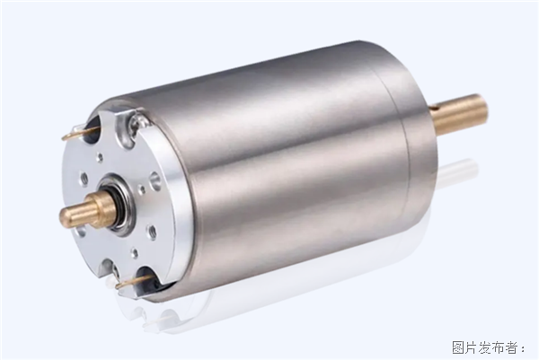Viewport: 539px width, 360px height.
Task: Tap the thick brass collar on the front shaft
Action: pos(102,207)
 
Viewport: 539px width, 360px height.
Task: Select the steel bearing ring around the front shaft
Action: pos(119,206)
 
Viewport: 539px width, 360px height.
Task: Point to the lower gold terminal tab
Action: pos(133,282)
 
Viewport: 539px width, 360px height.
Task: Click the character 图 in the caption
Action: pos(458,347)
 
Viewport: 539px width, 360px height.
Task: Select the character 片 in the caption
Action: pos(472,347)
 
